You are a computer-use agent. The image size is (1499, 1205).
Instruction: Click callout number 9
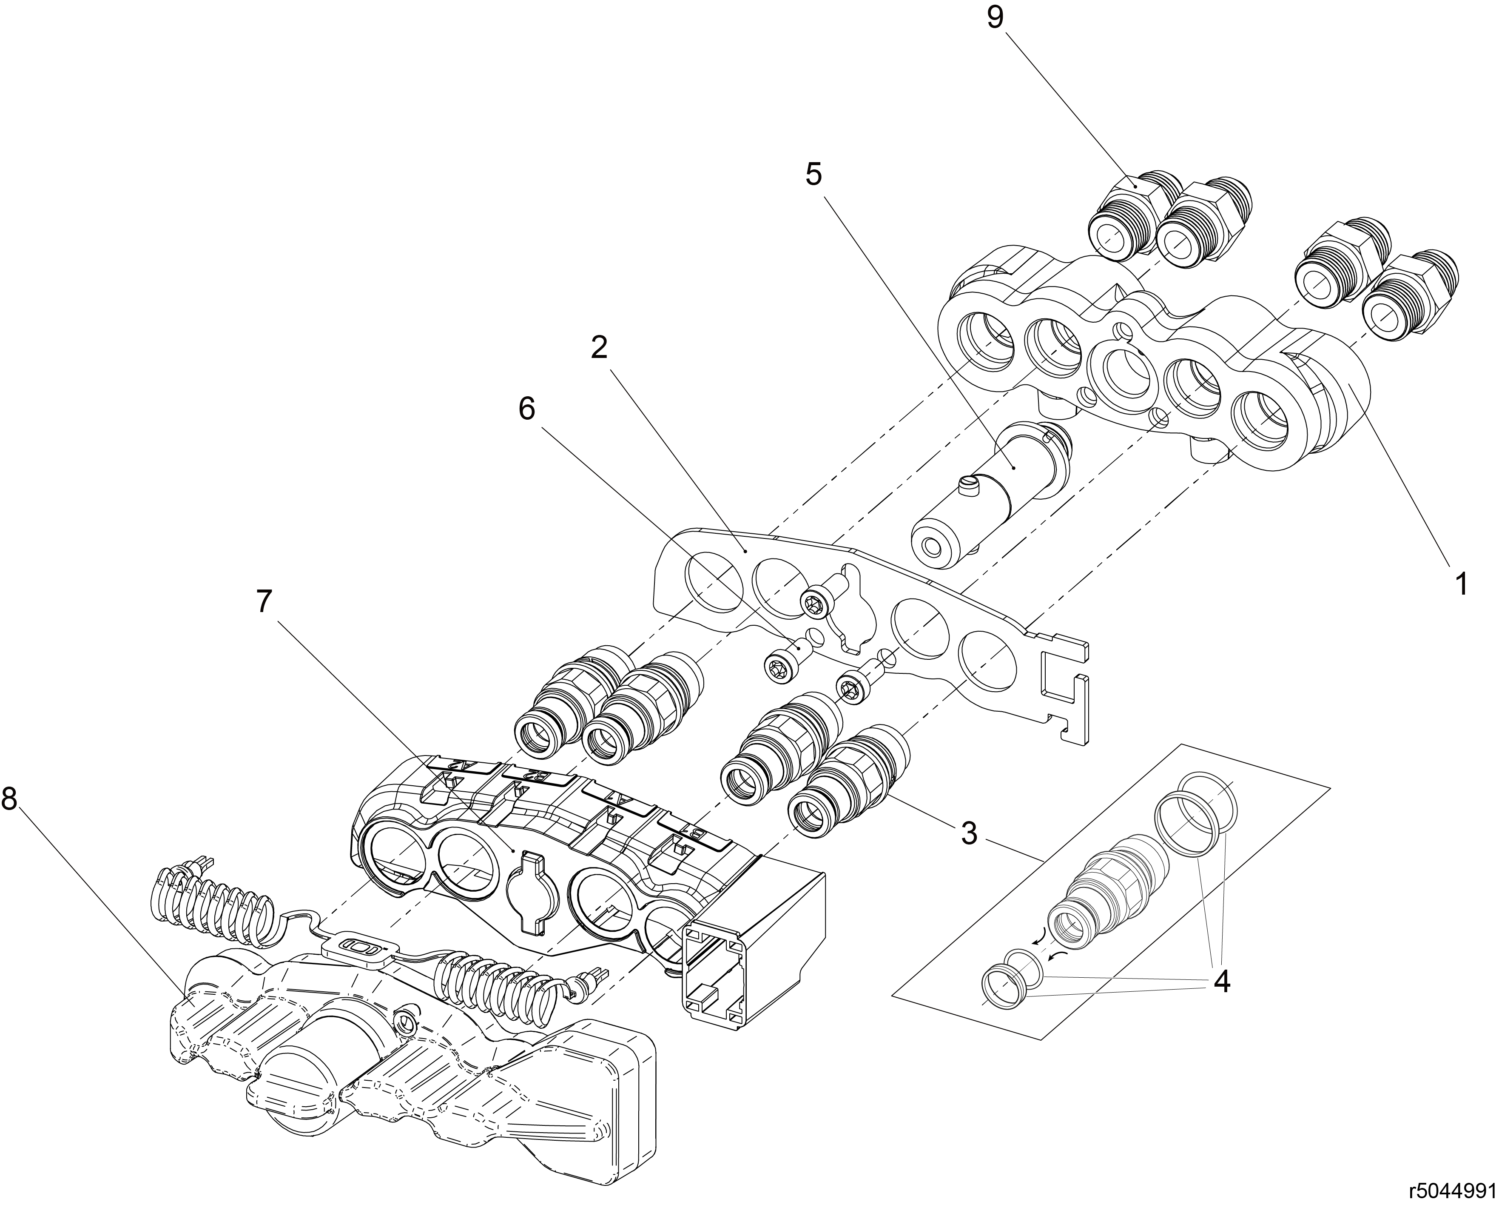[x=995, y=18]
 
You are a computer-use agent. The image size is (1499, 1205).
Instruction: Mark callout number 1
[x=1462, y=584]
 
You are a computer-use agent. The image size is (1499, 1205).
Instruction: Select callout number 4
[x=1222, y=981]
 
